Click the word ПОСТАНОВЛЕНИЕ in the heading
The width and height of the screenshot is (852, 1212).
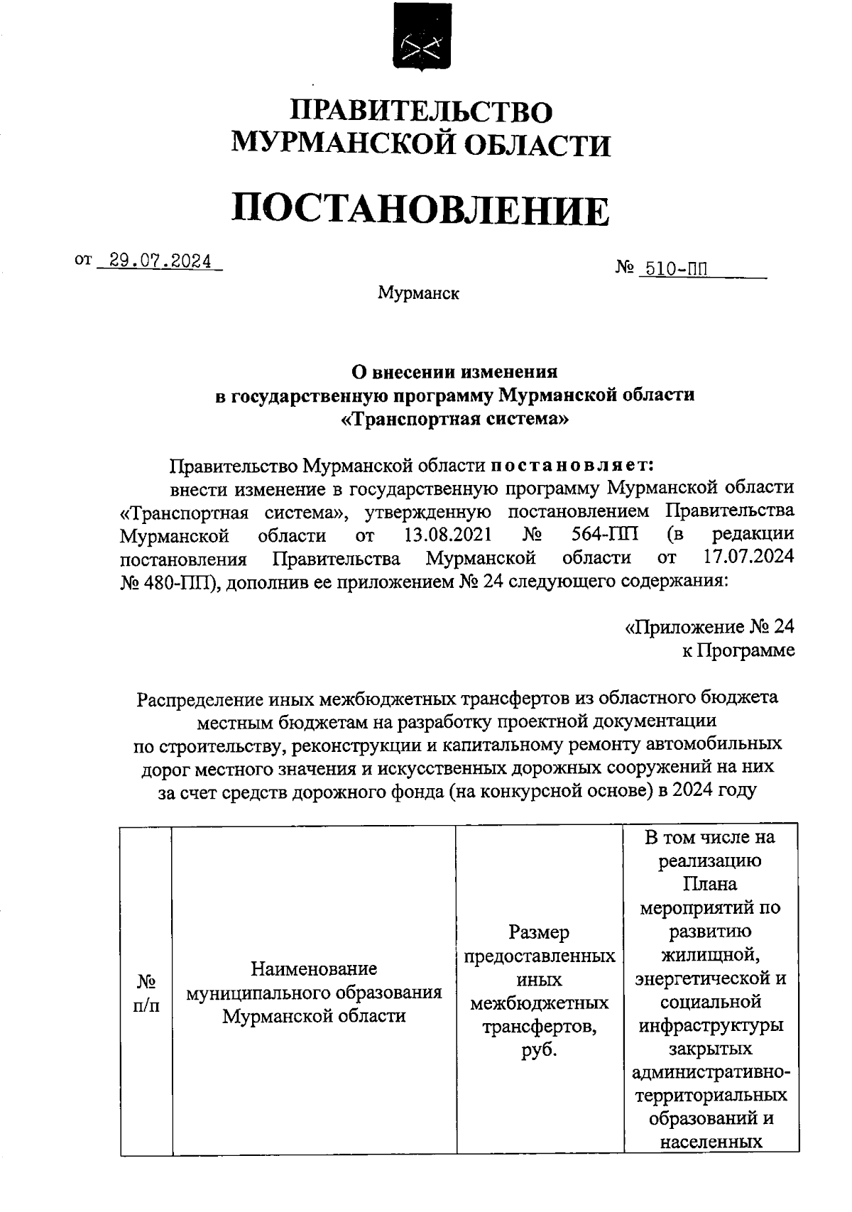(420, 210)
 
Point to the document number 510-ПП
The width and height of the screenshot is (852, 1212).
(674, 269)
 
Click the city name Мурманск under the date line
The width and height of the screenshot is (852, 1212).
(418, 293)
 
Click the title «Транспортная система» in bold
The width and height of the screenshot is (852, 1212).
(455, 419)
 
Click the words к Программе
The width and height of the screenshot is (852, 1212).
(738, 650)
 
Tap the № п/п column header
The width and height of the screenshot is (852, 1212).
(146, 993)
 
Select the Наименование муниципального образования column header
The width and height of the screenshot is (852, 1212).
(314, 992)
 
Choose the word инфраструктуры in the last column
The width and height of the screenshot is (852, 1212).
(711, 1025)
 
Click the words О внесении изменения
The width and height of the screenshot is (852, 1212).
(455, 371)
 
